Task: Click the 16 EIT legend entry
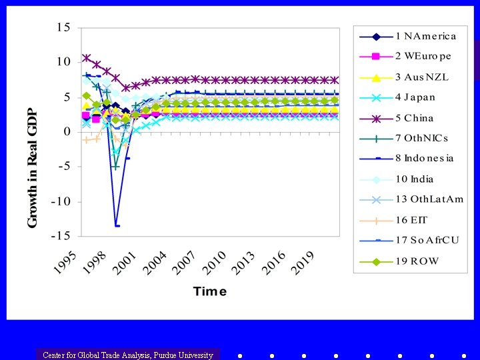click(413, 219)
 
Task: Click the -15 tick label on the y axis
click(62, 236)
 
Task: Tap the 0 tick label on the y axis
click(67, 132)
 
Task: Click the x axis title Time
click(210, 291)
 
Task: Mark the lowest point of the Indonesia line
click(117, 226)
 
